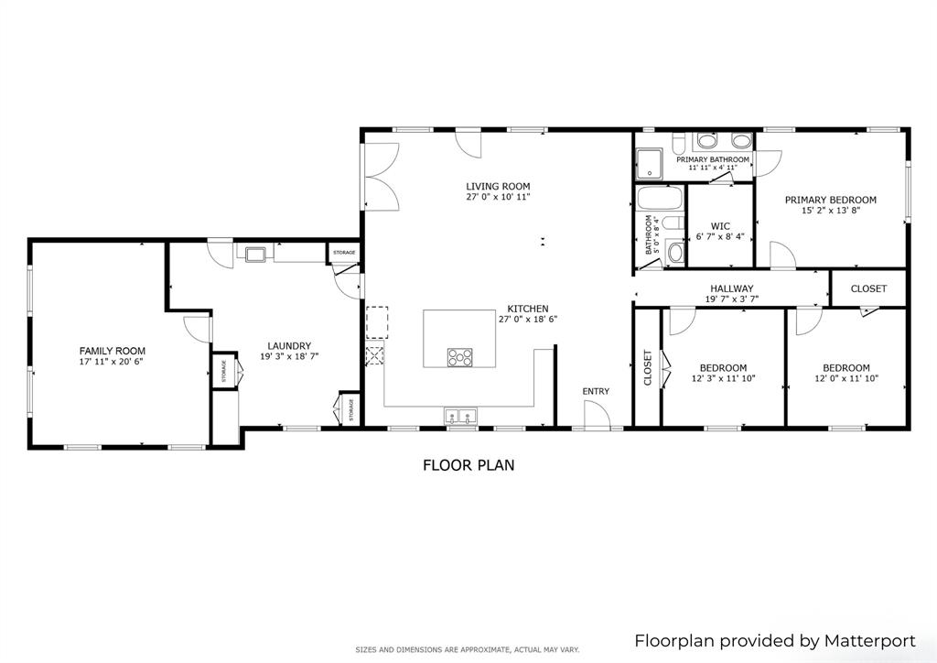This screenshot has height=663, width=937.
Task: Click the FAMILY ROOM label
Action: (112, 351)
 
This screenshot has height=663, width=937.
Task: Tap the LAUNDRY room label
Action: (289, 345)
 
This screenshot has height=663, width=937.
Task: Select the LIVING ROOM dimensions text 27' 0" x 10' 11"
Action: (498, 197)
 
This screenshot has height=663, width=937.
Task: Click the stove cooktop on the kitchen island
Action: (459, 357)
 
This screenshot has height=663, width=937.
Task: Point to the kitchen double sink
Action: (461, 418)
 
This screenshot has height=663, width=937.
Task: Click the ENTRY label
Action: (596, 392)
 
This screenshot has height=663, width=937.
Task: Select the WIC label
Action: (719, 225)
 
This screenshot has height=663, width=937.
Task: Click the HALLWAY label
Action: (729, 288)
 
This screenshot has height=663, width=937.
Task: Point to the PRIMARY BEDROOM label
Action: (831, 200)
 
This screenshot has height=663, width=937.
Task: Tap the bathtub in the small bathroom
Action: (659, 200)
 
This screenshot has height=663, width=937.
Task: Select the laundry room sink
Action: (253, 252)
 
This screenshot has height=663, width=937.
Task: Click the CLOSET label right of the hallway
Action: (868, 288)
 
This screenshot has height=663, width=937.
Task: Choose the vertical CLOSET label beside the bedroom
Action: (647, 367)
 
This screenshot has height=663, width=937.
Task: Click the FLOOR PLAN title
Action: (468, 465)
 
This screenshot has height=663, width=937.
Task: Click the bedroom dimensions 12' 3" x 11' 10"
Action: (723, 378)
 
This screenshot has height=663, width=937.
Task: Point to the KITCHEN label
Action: (528, 309)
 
